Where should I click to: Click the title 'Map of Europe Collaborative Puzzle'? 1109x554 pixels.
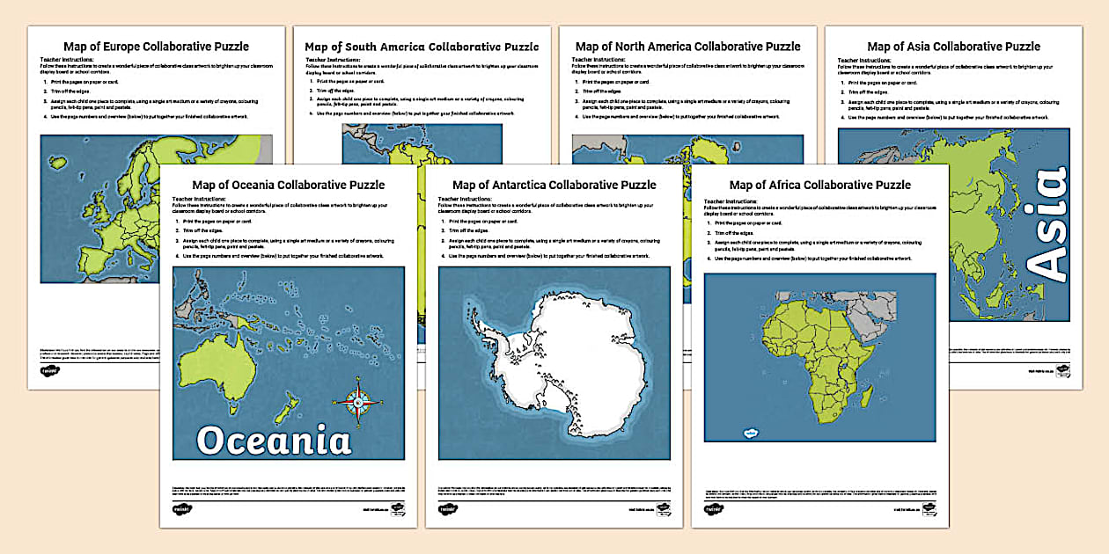point(156,47)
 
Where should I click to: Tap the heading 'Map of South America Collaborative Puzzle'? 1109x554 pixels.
point(422,47)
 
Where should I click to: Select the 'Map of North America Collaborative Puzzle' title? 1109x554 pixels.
point(687,47)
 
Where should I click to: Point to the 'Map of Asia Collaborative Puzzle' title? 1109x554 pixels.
point(953,47)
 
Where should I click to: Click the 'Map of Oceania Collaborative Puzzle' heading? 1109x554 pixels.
point(288,185)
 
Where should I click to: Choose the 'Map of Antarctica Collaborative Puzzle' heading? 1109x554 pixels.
point(554,185)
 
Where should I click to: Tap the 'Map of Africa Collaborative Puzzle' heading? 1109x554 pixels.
point(819,185)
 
